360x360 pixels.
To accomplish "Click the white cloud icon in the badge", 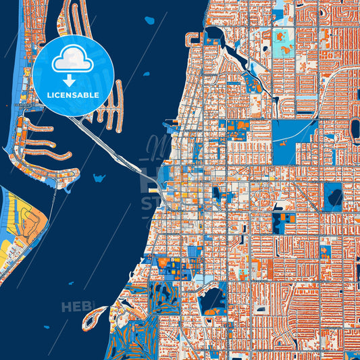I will point(72,61).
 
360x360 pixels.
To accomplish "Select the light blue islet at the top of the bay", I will point(149,20).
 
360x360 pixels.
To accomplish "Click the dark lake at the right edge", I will point(334,197).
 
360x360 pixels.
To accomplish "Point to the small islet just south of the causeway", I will point(99,178).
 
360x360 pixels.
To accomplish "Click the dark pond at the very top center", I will point(216,34).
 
